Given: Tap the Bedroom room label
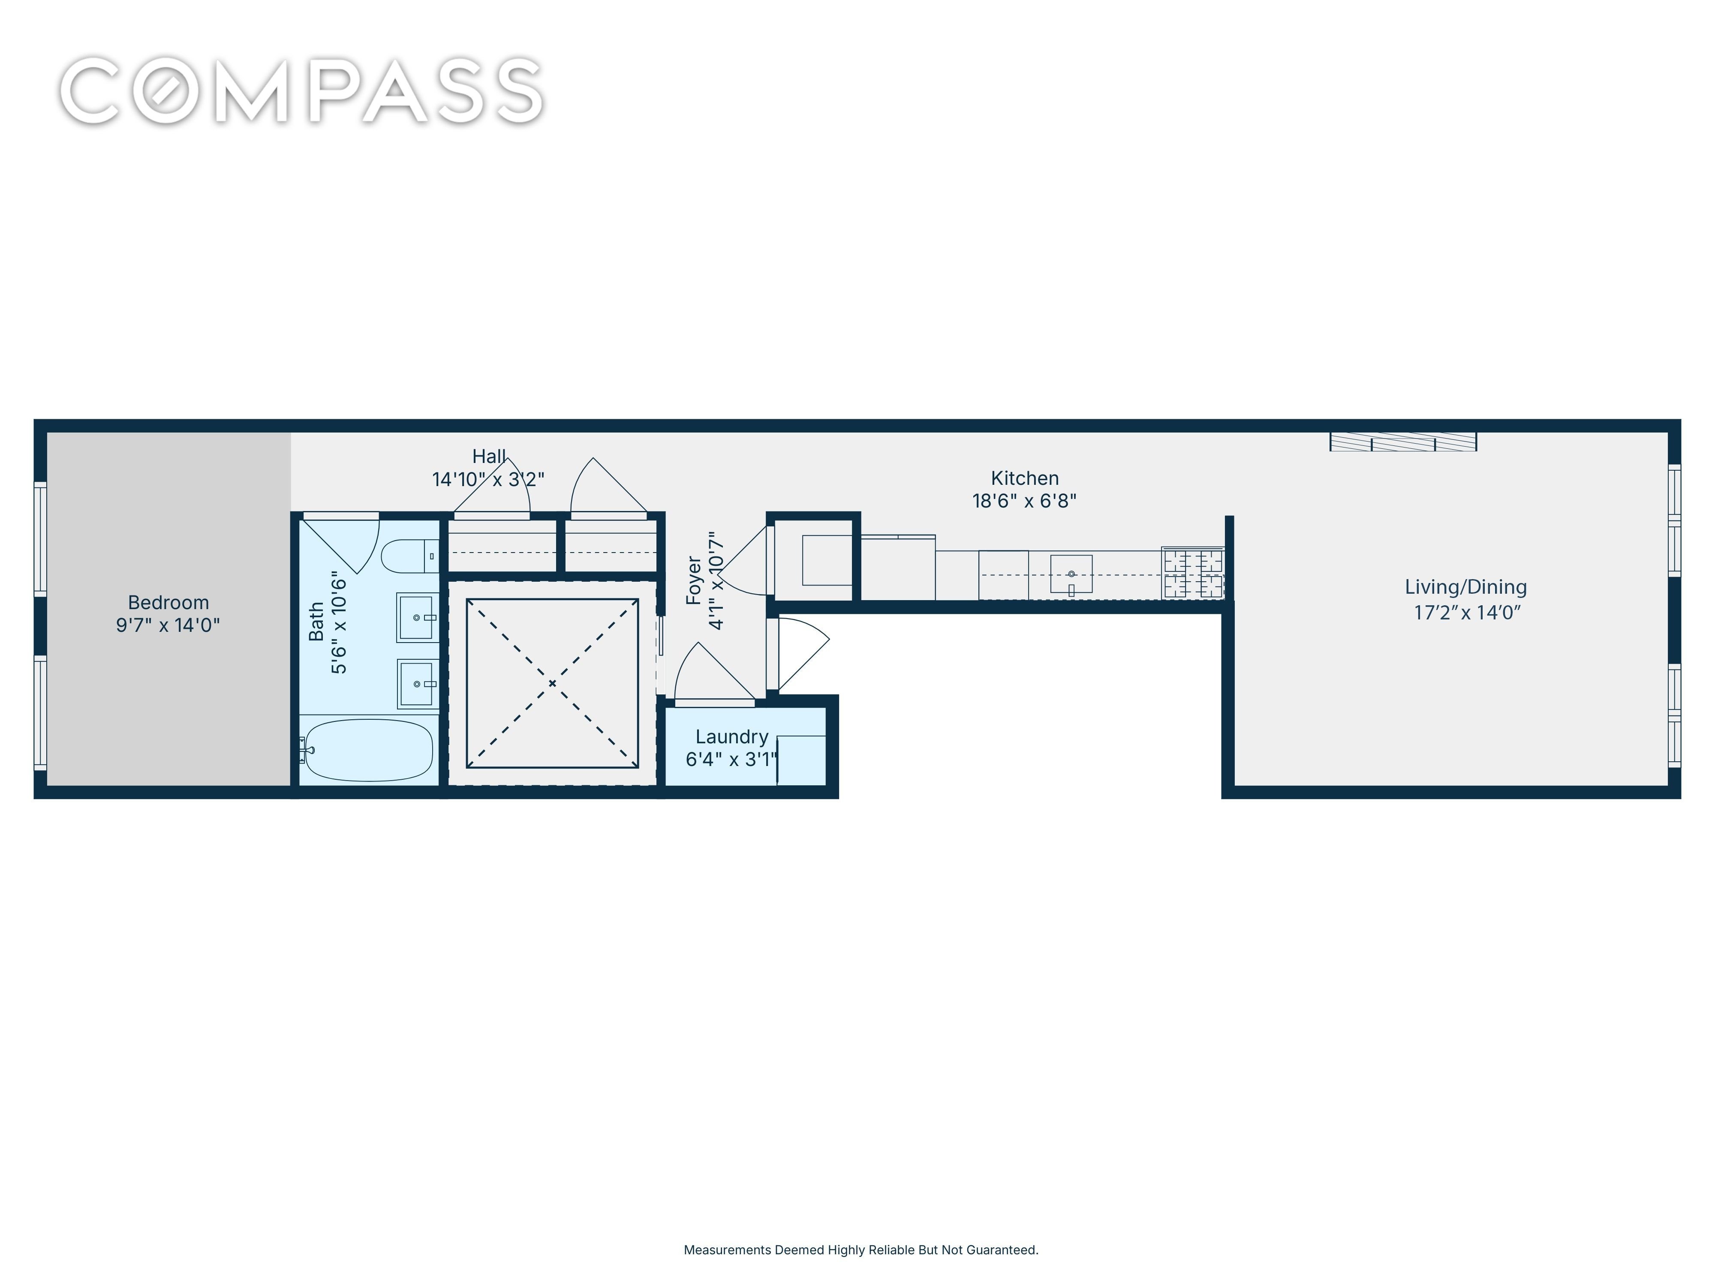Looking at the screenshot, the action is (x=168, y=602).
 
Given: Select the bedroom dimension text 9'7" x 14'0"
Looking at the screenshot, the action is (x=168, y=625).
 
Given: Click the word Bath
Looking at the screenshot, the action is (x=316, y=622).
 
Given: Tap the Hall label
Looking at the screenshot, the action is (x=489, y=457).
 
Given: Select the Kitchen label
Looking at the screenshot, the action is (x=1024, y=478).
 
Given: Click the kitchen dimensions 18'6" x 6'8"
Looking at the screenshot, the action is (x=1024, y=501).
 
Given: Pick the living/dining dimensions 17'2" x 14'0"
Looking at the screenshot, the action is (x=1467, y=613).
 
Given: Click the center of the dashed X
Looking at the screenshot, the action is (x=552, y=683).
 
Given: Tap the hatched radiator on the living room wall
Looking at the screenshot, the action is (x=1403, y=442).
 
